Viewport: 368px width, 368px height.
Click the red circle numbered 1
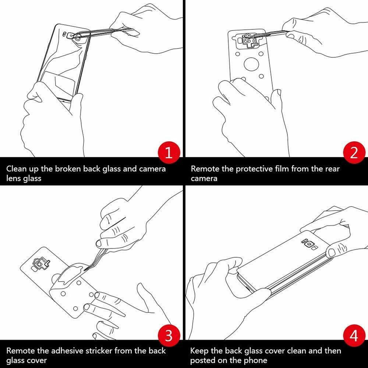[169, 153]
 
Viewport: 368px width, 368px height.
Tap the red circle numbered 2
[354, 153]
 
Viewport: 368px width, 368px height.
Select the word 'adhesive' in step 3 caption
[67, 351]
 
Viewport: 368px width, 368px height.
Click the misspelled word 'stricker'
[99, 351]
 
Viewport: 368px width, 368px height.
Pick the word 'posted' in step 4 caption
[203, 360]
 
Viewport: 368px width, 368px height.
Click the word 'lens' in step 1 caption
[13, 178]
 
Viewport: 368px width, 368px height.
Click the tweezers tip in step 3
[84, 270]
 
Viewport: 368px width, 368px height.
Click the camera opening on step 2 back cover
[250, 40]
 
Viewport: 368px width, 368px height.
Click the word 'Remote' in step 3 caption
[21, 351]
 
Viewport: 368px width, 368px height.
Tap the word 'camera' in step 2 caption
[204, 178]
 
